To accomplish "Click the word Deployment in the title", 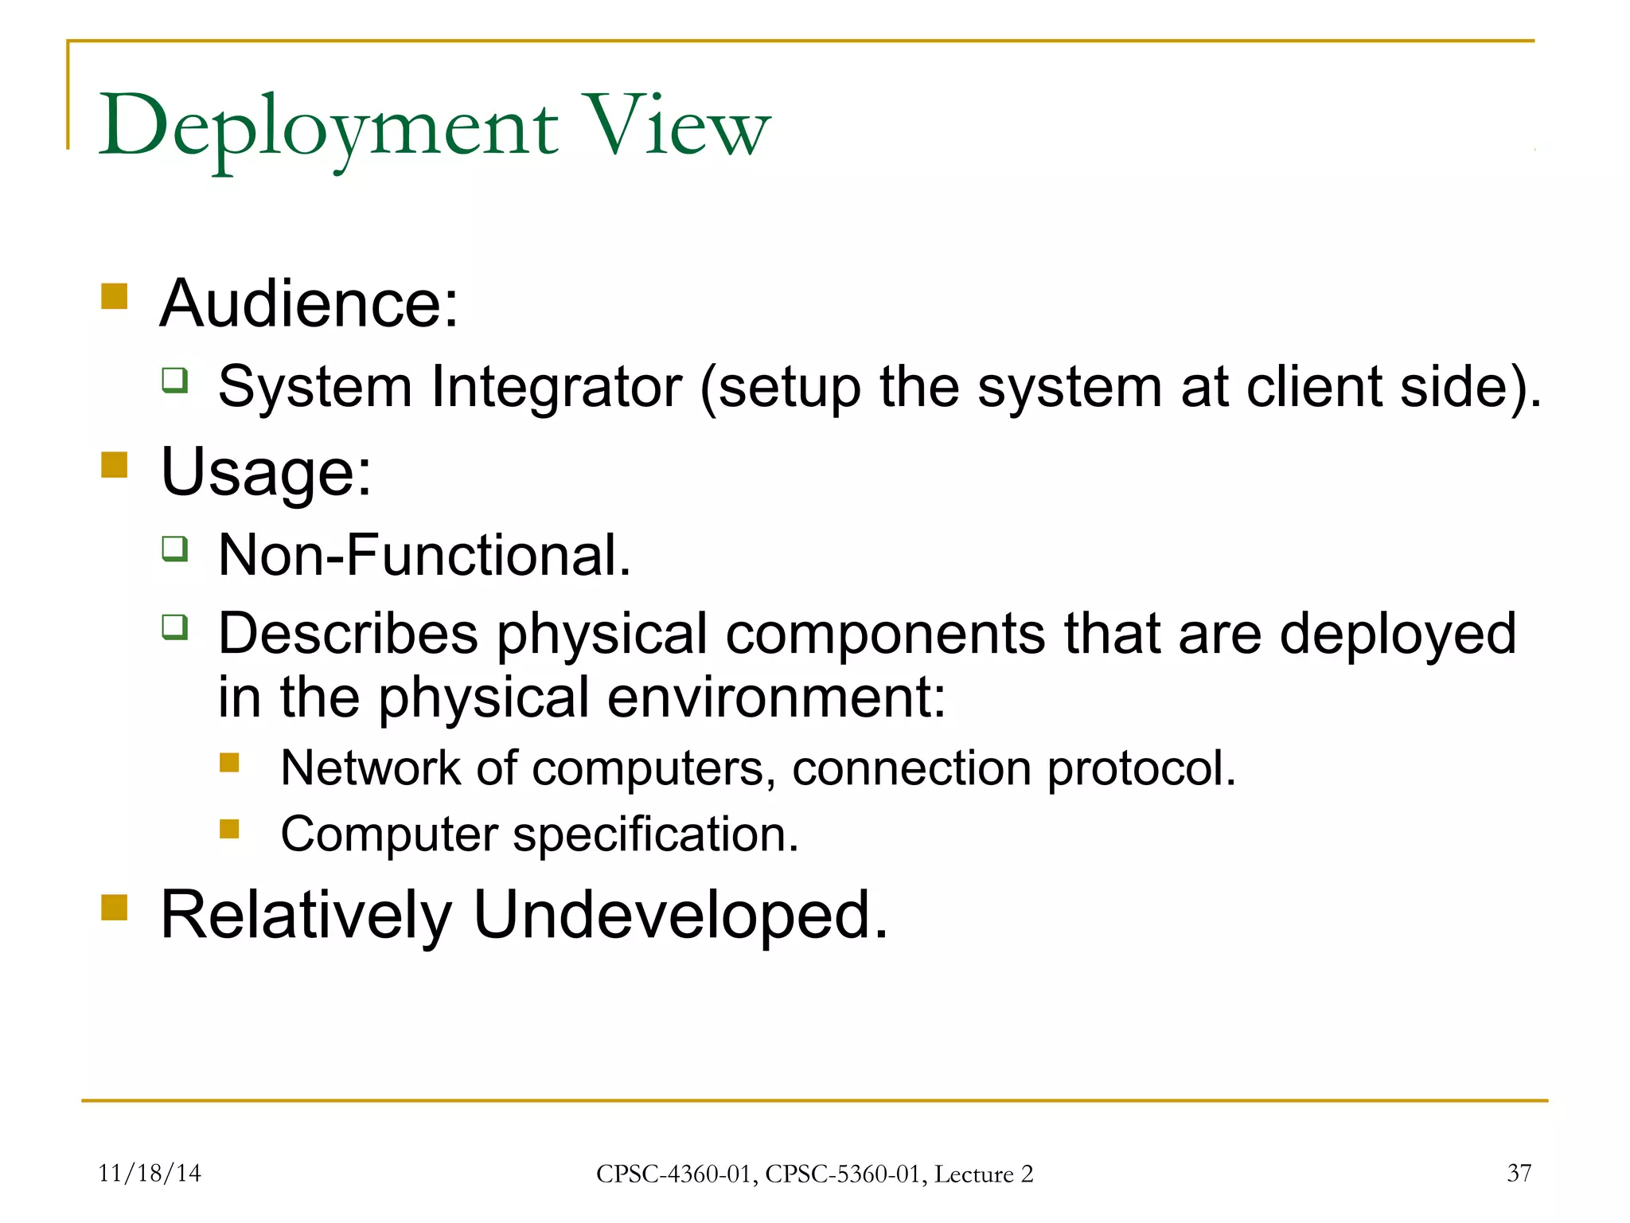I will [328, 127].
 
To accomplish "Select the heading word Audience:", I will [310, 303].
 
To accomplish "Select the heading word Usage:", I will [266, 471].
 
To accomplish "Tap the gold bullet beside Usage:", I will [115, 464].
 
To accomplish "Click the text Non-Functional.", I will [424, 555].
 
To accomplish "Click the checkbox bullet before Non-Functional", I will [175, 549].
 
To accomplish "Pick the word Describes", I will [348, 634].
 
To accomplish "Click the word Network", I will [370, 768].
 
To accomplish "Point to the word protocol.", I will [1141, 770].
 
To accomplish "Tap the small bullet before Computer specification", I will [229, 830].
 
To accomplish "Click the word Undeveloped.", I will [680, 916].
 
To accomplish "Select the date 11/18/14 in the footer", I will [150, 1173].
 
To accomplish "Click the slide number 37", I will [1519, 1173].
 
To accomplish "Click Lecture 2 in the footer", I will [983, 1174].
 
